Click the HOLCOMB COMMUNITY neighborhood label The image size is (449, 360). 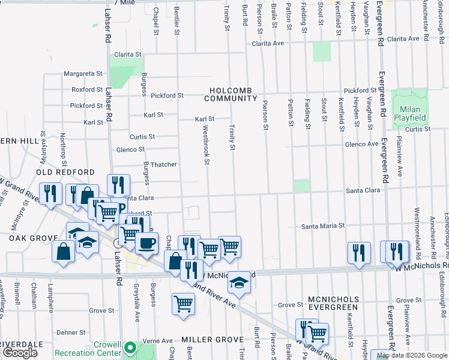tap(233, 94)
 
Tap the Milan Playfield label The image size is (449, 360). tap(410, 113)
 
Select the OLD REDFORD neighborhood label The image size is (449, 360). tap(58, 172)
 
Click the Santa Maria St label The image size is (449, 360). tap(322, 226)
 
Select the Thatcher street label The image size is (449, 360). tap(163, 164)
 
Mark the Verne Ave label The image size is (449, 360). tap(158, 341)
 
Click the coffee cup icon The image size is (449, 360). tap(146, 243)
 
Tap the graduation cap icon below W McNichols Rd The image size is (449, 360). tap(239, 282)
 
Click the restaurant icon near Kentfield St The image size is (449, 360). tap(359, 253)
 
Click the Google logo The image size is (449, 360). tap(20, 353)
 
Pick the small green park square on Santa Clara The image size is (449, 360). tap(302, 186)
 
